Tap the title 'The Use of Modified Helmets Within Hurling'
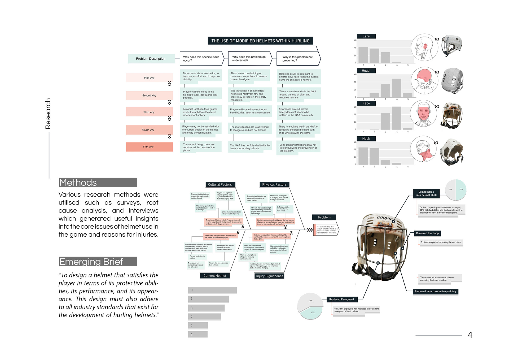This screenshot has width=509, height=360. [260, 41]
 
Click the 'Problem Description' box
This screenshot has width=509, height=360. [151, 59]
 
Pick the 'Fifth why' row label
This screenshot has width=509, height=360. [149, 147]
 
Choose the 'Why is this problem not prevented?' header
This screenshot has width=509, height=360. [297, 59]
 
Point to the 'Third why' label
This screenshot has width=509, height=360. [149, 112]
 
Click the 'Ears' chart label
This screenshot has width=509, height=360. [366, 36]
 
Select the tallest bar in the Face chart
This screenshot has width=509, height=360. [396, 118]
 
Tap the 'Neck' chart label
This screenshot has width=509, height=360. [366, 138]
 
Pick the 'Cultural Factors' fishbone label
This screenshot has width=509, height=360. [220, 184]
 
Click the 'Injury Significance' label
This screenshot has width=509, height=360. [269, 276]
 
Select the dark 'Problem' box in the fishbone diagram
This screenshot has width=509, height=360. [324, 217]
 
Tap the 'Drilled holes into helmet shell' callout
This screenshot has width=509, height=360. [426, 193]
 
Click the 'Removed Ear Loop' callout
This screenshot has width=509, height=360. [427, 233]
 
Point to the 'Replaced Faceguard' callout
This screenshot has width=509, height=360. [341, 299]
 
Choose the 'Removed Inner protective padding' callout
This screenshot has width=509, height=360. [435, 291]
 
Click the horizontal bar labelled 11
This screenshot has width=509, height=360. [212, 290]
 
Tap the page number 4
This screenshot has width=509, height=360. [470, 335]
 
